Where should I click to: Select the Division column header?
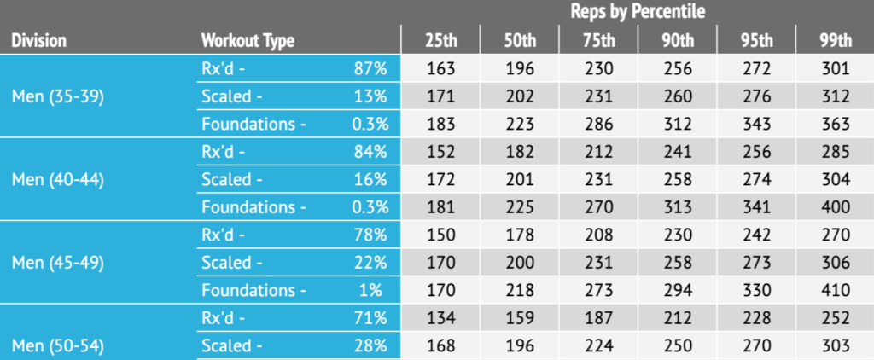(x=39, y=40)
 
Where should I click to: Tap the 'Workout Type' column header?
(x=248, y=40)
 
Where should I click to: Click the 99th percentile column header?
(x=834, y=40)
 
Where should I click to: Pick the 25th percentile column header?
(x=440, y=40)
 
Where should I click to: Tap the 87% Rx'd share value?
(x=370, y=68)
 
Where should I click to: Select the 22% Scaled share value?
(x=370, y=262)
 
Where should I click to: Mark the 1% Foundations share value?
(x=370, y=290)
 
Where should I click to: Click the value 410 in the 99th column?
(x=834, y=290)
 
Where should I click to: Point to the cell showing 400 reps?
(x=834, y=207)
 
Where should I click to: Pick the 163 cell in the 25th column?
(x=440, y=68)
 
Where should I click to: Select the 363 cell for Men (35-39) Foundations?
(x=834, y=124)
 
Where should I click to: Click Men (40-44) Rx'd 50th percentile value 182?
(x=518, y=152)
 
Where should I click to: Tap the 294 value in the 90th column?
(x=676, y=290)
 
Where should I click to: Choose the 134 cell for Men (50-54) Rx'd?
(x=440, y=318)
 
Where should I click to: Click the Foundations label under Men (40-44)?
(x=253, y=207)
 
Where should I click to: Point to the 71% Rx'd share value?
(x=370, y=318)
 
